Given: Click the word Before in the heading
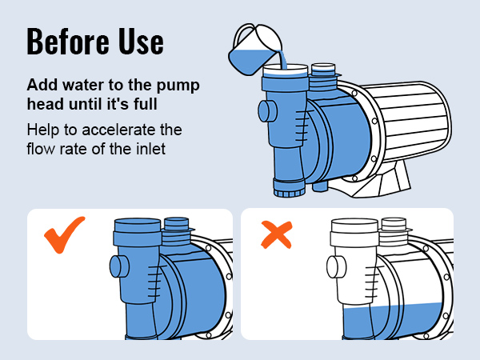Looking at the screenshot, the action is pos(68,42).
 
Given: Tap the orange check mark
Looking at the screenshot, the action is pos(64,234).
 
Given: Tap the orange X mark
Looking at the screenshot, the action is pos(277,234).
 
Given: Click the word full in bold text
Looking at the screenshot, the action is pos(146,104).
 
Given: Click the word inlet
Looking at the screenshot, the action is pos(150,149).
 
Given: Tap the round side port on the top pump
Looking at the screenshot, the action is pos(267,111).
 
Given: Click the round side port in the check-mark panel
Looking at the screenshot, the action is pos(119,266).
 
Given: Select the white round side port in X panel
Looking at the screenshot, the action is pos(336,266).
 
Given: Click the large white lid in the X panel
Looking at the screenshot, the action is pos(354,233).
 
